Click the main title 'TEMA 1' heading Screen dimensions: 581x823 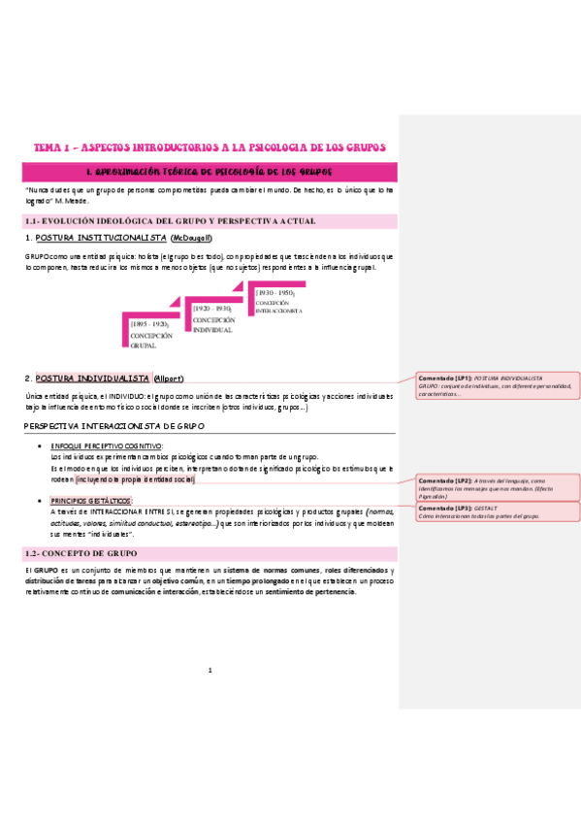pyautogui.click(x=210, y=148)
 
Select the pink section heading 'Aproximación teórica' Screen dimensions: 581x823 pyautogui.click(x=210, y=171)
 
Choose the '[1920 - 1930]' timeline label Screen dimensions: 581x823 pyautogui.click(x=213, y=308)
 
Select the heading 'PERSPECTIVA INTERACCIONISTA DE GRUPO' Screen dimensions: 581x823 pyautogui.click(x=114, y=426)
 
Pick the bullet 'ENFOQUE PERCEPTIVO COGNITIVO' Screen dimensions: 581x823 pyautogui.click(x=107, y=445)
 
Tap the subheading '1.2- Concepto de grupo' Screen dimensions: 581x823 pyautogui.click(x=81, y=552)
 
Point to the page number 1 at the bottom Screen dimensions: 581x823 pyautogui.click(x=210, y=670)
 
